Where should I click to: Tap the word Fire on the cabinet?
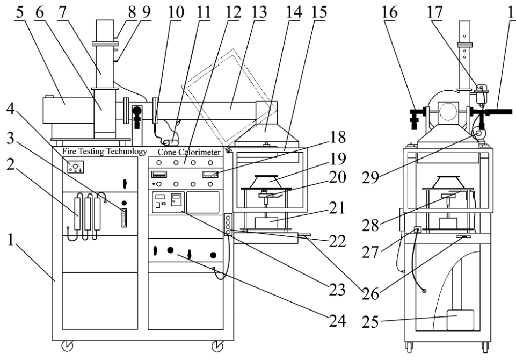pos(72,152)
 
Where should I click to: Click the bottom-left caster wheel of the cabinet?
pos(68,345)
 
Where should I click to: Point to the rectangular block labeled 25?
pos(456,320)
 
